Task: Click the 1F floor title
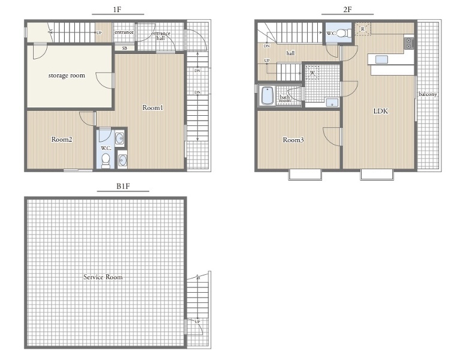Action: (x=117, y=10)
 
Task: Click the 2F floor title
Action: (x=347, y=10)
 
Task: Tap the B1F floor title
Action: (x=123, y=186)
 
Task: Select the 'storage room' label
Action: (x=67, y=76)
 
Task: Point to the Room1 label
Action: (x=153, y=107)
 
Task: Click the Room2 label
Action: (x=62, y=139)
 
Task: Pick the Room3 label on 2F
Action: (x=293, y=140)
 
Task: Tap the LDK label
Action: (x=381, y=111)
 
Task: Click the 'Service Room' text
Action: (x=103, y=277)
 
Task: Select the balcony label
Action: (x=428, y=94)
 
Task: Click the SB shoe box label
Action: (x=125, y=48)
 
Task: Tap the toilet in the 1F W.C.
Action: (x=106, y=161)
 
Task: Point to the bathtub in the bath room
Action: (x=267, y=95)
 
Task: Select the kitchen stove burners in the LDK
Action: (x=408, y=43)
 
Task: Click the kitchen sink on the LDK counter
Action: (x=381, y=59)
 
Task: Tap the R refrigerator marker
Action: (x=363, y=29)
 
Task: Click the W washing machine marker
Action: (x=312, y=72)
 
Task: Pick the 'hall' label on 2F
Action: (x=291, y=53)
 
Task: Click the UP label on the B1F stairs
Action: (x=197, y=322)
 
